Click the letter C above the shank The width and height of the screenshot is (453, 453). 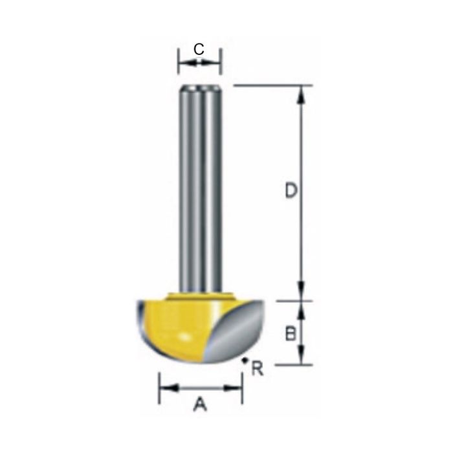[199, 49]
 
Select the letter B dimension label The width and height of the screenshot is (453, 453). [291, 334]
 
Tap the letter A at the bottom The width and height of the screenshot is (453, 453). [200, 405]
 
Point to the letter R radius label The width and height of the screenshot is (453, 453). [257, 370]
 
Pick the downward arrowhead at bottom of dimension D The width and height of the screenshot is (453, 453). [300, 294]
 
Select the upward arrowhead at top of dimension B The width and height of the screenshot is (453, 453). [300, 308]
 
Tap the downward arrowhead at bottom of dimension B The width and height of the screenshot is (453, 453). [300, 358]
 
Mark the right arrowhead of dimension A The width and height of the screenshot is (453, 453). [236, 388]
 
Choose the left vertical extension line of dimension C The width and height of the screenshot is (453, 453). [179, 61]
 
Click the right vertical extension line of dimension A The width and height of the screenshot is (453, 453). [242, 388]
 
